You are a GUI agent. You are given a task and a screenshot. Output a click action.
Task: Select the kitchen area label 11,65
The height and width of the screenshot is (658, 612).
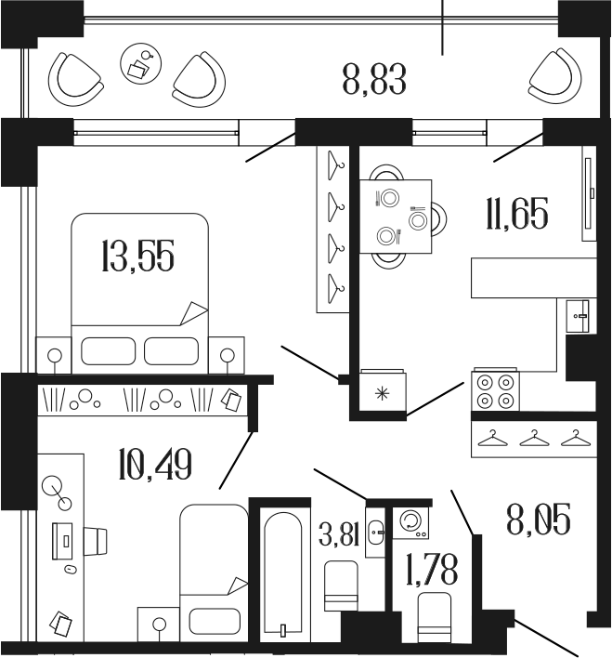coord(515,215)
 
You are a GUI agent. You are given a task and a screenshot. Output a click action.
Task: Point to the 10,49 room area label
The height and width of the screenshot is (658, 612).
coord(155,464)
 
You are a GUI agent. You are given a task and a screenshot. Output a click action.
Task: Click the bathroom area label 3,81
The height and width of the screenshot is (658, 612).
coord(339,538)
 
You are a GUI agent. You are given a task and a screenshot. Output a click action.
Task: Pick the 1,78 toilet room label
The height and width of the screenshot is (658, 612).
coord(432,569)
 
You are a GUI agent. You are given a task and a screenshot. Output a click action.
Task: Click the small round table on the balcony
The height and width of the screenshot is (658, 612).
coord(139,64)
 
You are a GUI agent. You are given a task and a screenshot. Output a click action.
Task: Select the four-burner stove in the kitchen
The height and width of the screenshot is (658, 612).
coord(495,390)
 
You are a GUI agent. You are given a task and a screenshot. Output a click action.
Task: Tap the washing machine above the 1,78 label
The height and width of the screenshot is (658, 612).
coord(410,523)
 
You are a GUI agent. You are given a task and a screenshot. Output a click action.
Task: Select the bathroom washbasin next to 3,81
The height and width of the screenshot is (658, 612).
coord(374,532)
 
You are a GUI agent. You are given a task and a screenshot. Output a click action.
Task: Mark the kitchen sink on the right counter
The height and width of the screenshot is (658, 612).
coord(580,317)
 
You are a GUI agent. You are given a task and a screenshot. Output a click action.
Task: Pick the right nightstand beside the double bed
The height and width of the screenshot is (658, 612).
coord(227,355)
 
